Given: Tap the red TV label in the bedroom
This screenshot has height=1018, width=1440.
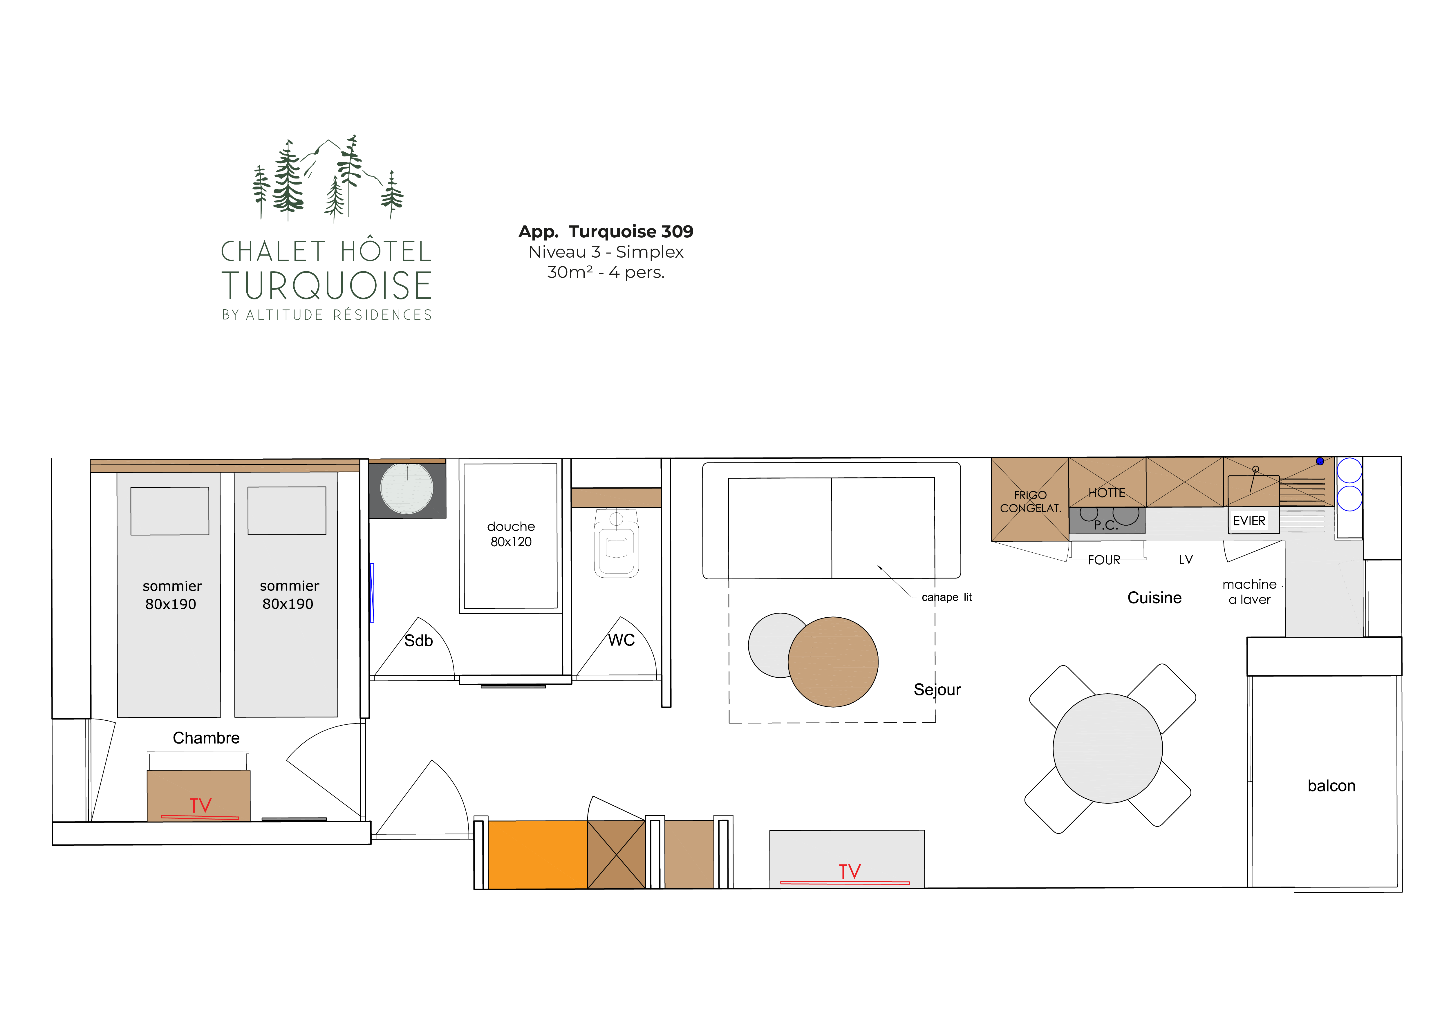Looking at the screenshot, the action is click(x=201, y=805).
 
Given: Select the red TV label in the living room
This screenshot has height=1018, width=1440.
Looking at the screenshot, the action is click(x=850, y=871).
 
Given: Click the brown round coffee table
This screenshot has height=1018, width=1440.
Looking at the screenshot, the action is click(x=833, y=662).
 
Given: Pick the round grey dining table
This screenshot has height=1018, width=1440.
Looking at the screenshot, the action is click(x=1107, y=748).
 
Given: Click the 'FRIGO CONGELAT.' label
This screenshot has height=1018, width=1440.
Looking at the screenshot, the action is click(x=1030, y=501).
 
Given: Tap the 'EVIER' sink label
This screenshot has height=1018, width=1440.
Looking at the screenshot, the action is click(x=1249, y=520).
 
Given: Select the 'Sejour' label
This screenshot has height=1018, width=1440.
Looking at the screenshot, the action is click(x=937, y=690).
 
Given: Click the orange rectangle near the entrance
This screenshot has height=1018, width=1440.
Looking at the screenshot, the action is click(x=537, y=854).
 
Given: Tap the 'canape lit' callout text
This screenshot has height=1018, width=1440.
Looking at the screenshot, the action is click(x=946, y=597).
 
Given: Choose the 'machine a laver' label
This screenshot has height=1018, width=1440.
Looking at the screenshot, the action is click(x=1249, y=592).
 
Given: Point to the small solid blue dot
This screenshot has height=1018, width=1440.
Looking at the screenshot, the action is click(x=1320, y=461).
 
